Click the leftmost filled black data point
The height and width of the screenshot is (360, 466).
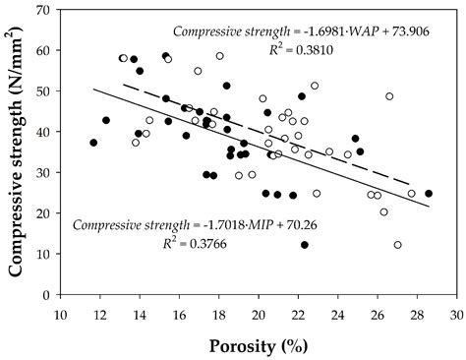[93, 143]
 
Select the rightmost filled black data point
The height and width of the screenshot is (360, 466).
[429, 194]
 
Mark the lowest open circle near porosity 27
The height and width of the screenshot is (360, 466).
[397, 245]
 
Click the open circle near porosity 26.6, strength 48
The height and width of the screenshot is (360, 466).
[389, 96]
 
